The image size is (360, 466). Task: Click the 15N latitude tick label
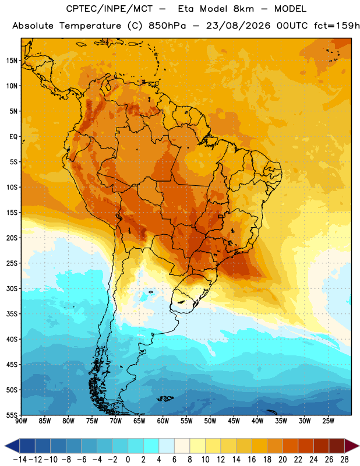click(12, 61)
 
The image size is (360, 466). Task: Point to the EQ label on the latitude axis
click(13, 137)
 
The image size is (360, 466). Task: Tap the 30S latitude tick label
click(12, 288)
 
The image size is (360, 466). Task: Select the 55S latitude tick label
click(12, 415)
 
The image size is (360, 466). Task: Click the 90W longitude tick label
click(21, 421)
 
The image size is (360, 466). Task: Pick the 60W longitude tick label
click(163, 421)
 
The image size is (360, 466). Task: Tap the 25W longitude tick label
click(328, 421)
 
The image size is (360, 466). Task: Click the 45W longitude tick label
click(234, 421)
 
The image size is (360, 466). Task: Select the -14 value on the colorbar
click(20, 460)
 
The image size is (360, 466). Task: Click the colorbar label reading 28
click(344, 460)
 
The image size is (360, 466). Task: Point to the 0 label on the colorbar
click(128, 460)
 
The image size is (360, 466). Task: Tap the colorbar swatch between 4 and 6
click(167, 446)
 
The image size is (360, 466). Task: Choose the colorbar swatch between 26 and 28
click(337, 446)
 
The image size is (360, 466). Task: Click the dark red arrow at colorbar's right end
click(351, 446)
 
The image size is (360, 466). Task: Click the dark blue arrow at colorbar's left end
click(12, 446)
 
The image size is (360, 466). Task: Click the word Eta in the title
click(186, 9)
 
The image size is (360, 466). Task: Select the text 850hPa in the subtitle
click(167, 26)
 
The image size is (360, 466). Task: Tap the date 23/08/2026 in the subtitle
click(238, 26)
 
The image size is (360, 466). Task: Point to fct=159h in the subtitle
click(337, 26)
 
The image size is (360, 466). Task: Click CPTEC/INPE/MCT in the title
click(109, 9)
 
